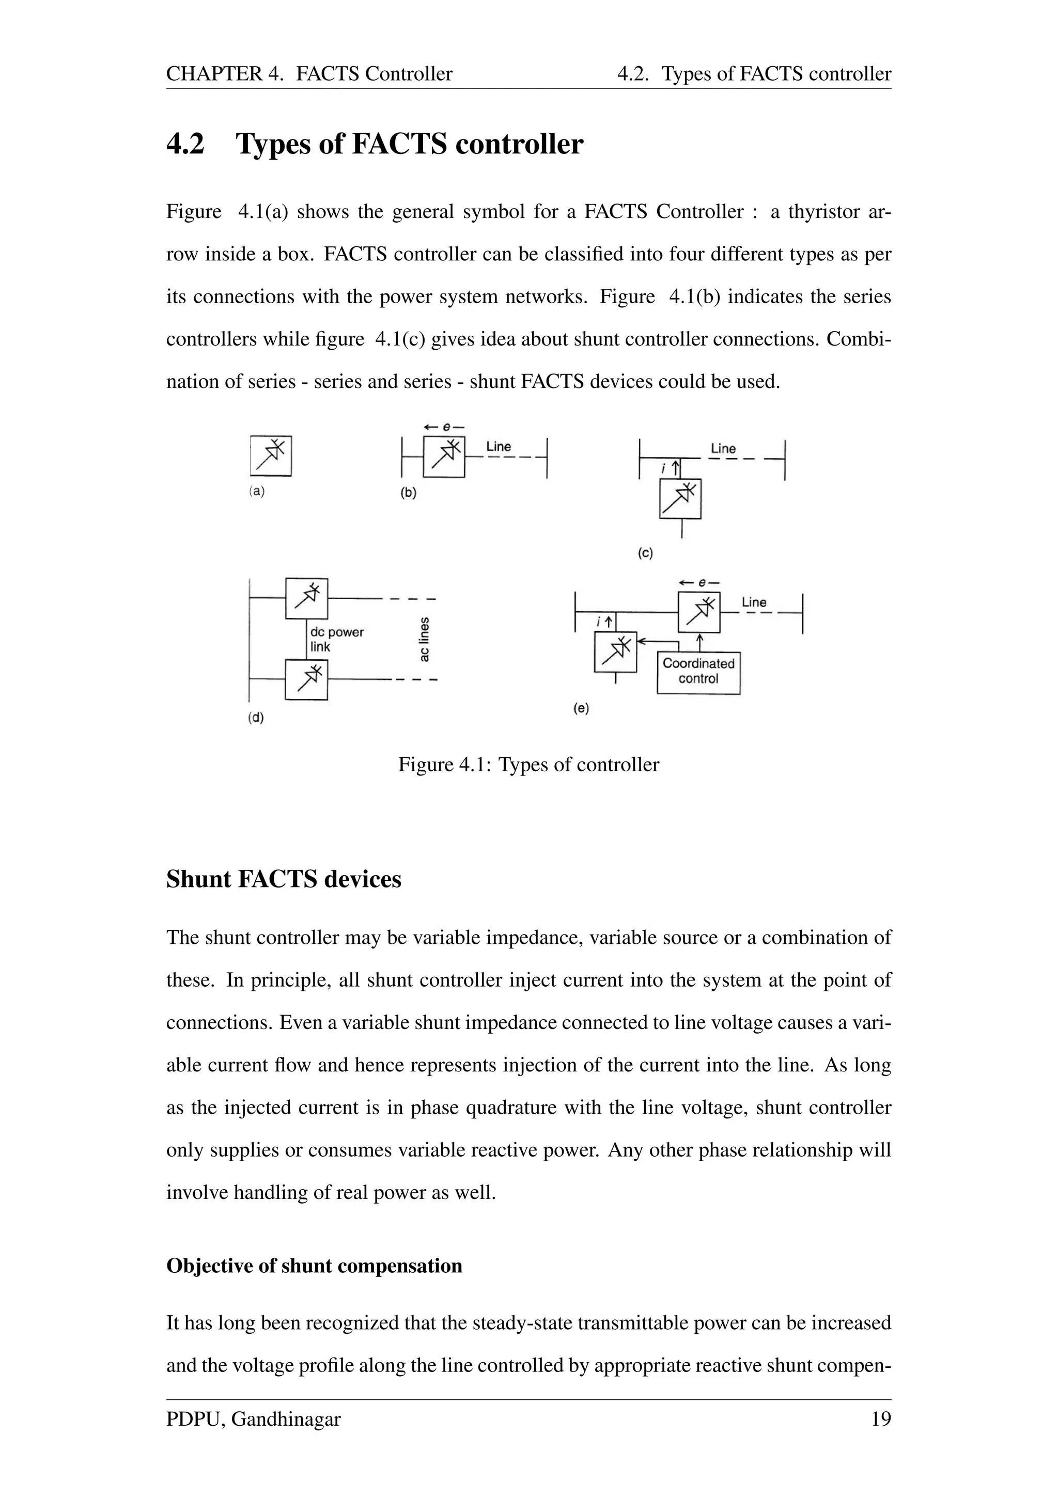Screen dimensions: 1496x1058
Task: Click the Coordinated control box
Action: (698, 671)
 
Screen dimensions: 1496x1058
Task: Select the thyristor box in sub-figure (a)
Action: (270, 456)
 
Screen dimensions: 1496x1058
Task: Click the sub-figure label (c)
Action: (644, 553)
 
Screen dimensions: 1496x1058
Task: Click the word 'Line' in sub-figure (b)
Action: (499, 446)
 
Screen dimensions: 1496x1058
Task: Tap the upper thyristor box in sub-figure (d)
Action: (306, 598)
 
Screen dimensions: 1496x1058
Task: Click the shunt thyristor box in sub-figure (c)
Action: (680, 498)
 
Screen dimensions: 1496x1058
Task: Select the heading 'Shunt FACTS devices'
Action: (284, 879)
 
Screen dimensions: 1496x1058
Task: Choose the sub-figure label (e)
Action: (581, 708)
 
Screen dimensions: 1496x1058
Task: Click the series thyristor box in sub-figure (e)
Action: (698, 613)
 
